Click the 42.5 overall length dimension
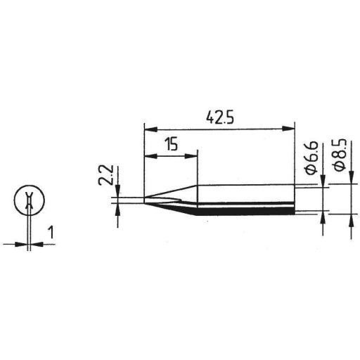point(217,116)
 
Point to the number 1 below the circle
point(50,231)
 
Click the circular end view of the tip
point(27,200)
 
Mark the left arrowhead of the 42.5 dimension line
point(148,128)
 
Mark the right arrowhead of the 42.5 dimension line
point(288,128)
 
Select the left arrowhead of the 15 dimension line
point(148,156)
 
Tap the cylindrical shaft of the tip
point(246,195)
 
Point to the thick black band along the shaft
point(246,207)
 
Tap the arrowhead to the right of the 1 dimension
point(35,244)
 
